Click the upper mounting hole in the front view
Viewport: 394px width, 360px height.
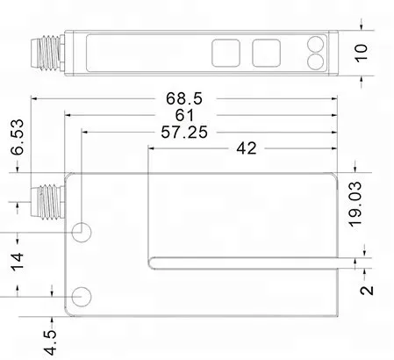[82, 233]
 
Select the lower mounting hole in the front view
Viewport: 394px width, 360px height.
[82, 296]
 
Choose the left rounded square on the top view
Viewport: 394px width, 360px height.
[225, 52]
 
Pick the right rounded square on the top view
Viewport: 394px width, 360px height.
[265, 52]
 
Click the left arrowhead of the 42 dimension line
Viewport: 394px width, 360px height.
[153, 148]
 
